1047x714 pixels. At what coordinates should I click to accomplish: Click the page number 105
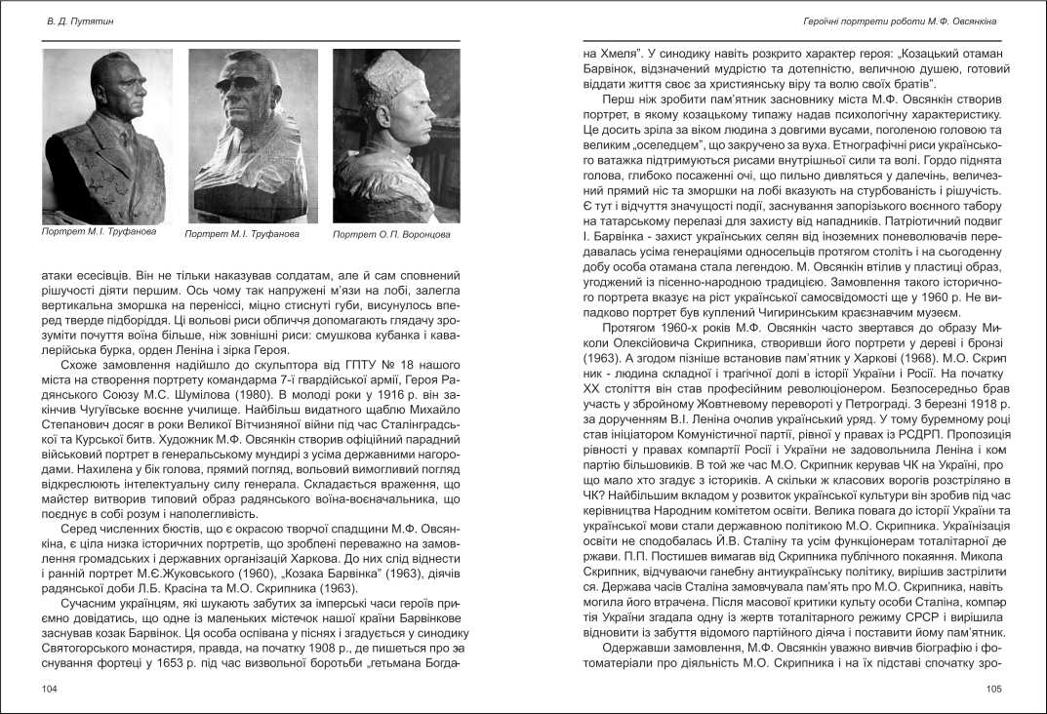[x=993, y=689]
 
